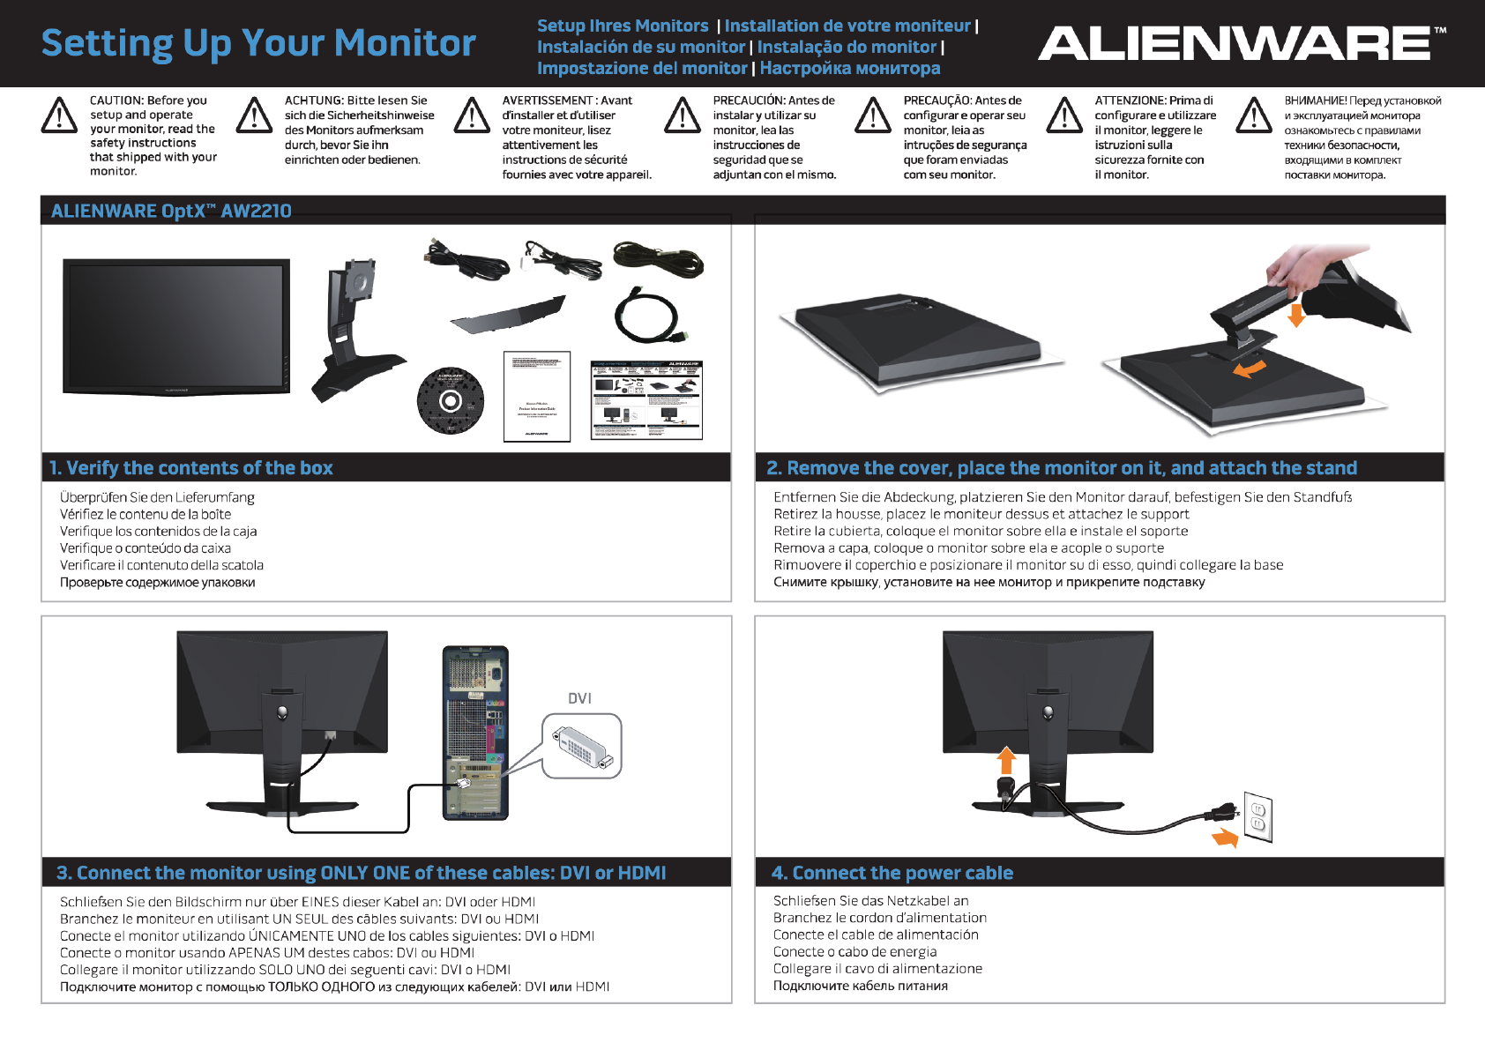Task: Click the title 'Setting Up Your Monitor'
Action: coord(258,43)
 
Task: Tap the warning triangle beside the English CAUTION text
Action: coord(60,115)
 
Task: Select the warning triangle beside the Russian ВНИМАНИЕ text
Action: coord(1254,115)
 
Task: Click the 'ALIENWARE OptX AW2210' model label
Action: coord(171,211)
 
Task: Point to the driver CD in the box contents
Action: coord(450,401)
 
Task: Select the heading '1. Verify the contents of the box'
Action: coord(191,468)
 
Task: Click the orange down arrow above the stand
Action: coord(1295,315)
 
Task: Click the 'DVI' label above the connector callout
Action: coord(579,698)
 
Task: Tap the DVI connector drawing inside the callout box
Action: coord(581,747)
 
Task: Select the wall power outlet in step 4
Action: coord(1257,817)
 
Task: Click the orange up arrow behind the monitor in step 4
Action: coord(1006,760)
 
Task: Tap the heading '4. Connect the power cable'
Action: coord(892,873)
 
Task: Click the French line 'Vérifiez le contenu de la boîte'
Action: coord(146,514)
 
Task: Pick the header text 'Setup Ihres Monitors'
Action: coord(623,26)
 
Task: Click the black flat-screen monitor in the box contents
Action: coord(176,326)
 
